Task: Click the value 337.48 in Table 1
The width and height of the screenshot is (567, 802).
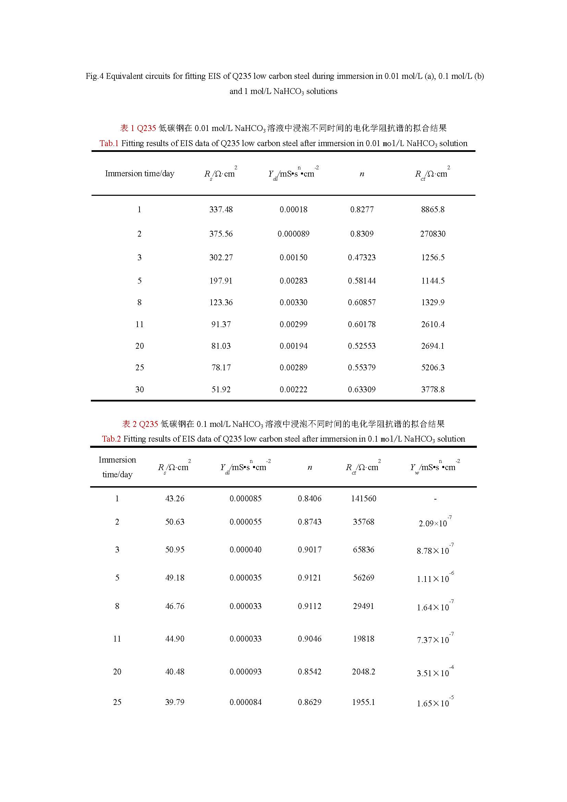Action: [x=221, y=210]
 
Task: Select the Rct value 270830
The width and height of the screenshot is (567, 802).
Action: [x=433, y=234]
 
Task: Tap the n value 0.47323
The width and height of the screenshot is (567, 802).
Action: [x=362, y=258]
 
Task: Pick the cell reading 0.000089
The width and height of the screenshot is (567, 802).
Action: [x=293, y=234]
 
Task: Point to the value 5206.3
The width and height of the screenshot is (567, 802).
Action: [x=433, y=368]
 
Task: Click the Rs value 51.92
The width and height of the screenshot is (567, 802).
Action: [x=221, y=390]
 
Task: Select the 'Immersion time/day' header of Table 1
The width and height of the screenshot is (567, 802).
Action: [x=140, y=173]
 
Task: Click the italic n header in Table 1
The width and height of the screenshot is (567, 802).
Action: [x=362, y=174]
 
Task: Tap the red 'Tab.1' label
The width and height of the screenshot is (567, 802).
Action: [x=109, y=143]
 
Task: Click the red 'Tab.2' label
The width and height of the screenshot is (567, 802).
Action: [x=111, y=439]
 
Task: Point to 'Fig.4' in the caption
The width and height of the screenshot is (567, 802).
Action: [x=95, y=76]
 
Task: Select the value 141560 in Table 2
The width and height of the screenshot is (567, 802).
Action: [x=363, y=499]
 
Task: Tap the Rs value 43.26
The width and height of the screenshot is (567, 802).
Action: [x=174, y=499]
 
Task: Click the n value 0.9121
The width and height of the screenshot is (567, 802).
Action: [x=309, y=577]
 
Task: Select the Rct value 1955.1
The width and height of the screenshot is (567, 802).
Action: [x=363, y=702]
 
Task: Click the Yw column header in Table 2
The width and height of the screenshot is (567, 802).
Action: [x=435, y=467]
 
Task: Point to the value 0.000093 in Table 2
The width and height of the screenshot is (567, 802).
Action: [x=245, y=671]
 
